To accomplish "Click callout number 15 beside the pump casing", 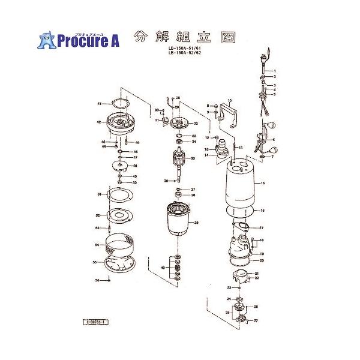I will [x=262, y=182].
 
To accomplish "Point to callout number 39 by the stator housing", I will [x=196, y=222].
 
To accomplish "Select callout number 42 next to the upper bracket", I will [x=99, y=122].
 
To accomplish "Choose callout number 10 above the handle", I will [x=229, y=100].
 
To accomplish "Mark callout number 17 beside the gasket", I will [x=262, y=228].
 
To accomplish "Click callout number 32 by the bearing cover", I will [x=195, y=124].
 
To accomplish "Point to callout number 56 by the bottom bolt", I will [x=97, y=280].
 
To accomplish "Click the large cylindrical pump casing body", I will [x=244, y=186].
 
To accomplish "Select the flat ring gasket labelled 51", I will [x=119, y=196].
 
